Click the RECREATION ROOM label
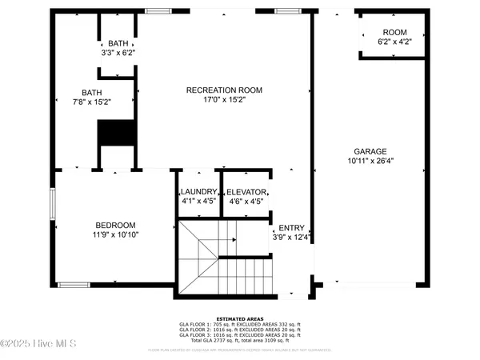(x=224, y=90)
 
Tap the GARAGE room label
(x=370, y=150)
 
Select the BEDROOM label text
(x=116, y=225)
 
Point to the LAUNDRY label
(x=198, y=192)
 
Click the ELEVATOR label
(x=246, y=192)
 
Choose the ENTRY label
(x=291, y=227)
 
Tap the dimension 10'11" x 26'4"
(x=370, y=161)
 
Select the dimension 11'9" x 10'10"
(x=116, y=235)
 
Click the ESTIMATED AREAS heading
(x=240, y=318)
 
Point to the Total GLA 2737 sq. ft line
(x=240, y=341)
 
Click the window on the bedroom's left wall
(x=53, y=214)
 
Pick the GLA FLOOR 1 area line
(x=240, y=324)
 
